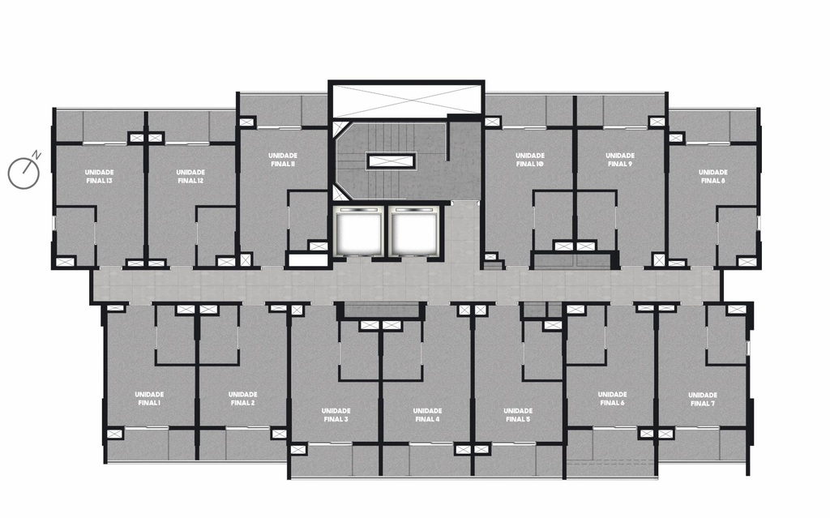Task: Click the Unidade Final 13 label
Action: click(99, 177)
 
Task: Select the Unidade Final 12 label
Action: click(190, 177)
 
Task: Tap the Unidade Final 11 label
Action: click(283, 160)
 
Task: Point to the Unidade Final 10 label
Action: click(530, 160)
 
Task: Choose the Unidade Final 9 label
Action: click(620, 160)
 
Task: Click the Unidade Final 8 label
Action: click(713, 177)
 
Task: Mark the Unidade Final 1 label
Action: click(149, 399)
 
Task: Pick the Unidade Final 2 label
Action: click(243, 399)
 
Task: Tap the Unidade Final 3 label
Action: click(336, 415)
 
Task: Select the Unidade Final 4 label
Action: click(428, 415)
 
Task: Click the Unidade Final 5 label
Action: click(518, 415)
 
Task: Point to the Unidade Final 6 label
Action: click(613, 399)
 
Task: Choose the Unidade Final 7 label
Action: click(703, 400)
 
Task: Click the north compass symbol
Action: click(24, 173)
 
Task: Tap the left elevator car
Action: click(359, 232)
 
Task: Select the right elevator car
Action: click(413, 232)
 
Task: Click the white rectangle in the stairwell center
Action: click(392, 161)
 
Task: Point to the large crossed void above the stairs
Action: click(406, 99)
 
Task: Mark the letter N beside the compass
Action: click(36, 155)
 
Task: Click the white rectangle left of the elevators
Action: click(307, 260)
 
